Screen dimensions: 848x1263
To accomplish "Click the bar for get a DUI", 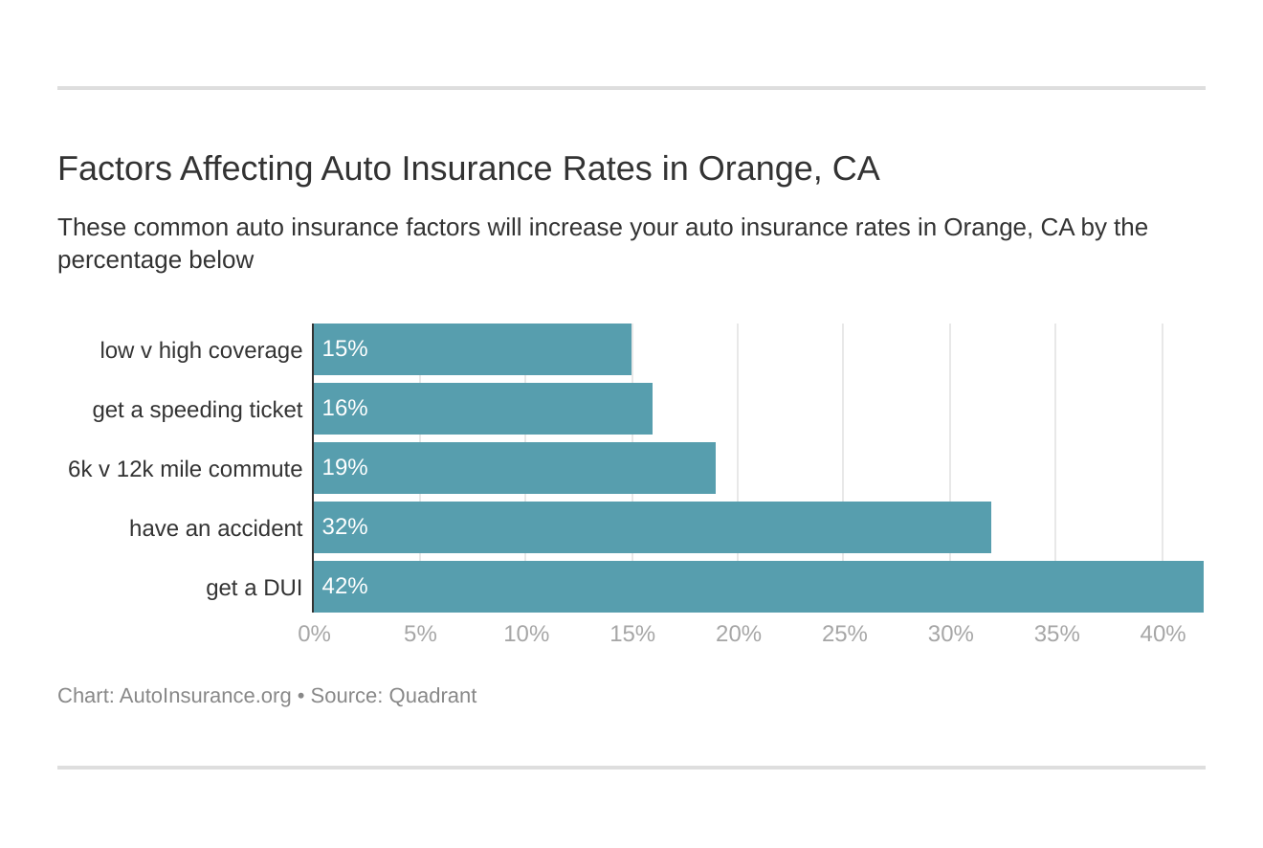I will (x=758, y=587).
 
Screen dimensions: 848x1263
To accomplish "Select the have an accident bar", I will (x=652, y=527).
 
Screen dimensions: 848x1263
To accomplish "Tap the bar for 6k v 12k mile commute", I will (x=514, y=468).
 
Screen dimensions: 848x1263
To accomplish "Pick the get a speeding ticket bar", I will (x=482, y=409).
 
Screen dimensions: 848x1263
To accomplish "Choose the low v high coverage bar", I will (x=472, y=349).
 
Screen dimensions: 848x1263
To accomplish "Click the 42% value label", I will (x=344, y=586).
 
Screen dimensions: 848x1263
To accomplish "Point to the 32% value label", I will (x=344, y=526).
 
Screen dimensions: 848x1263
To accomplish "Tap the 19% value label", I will (x=344, y=467).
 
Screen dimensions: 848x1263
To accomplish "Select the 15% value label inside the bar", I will (x=344, y=348).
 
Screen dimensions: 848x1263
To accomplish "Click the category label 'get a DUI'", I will (x=254, y=588).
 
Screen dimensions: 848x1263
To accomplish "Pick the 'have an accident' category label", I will (x=215, y=528).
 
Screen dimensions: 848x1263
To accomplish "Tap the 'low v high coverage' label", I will (x=201, y=350).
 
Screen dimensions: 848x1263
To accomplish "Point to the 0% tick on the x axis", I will (x=314, y=634).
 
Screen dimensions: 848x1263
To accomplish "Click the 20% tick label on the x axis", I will (x=738, y=634).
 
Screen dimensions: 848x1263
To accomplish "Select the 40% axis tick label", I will (x=1163, y=634).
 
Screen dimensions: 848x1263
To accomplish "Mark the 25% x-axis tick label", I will (x=844, y=634).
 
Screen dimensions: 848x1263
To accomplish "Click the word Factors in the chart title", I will (x=115, y=168).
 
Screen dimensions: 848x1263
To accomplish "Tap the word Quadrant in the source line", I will (x=432, y=696).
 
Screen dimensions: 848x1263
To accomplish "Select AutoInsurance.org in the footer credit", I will (x=205, y=696).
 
